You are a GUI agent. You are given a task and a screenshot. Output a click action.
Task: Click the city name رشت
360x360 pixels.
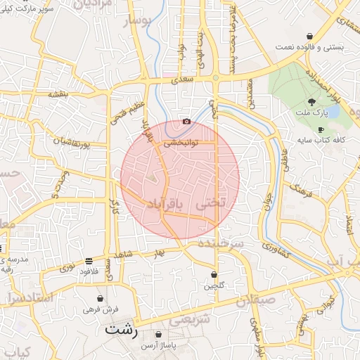(123, 328)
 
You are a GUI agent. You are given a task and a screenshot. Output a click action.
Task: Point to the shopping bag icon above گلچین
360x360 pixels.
(214, 275)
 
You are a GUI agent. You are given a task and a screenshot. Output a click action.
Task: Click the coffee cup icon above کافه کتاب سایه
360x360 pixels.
(321, 130)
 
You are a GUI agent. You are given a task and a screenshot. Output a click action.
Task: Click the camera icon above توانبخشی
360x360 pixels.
(186, 121)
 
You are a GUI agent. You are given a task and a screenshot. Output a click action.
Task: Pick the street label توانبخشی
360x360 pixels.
(181, 141)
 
